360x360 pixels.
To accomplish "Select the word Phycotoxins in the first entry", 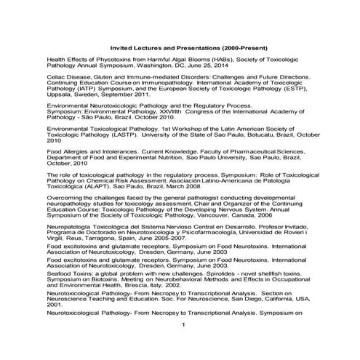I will [x=109, y=62].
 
